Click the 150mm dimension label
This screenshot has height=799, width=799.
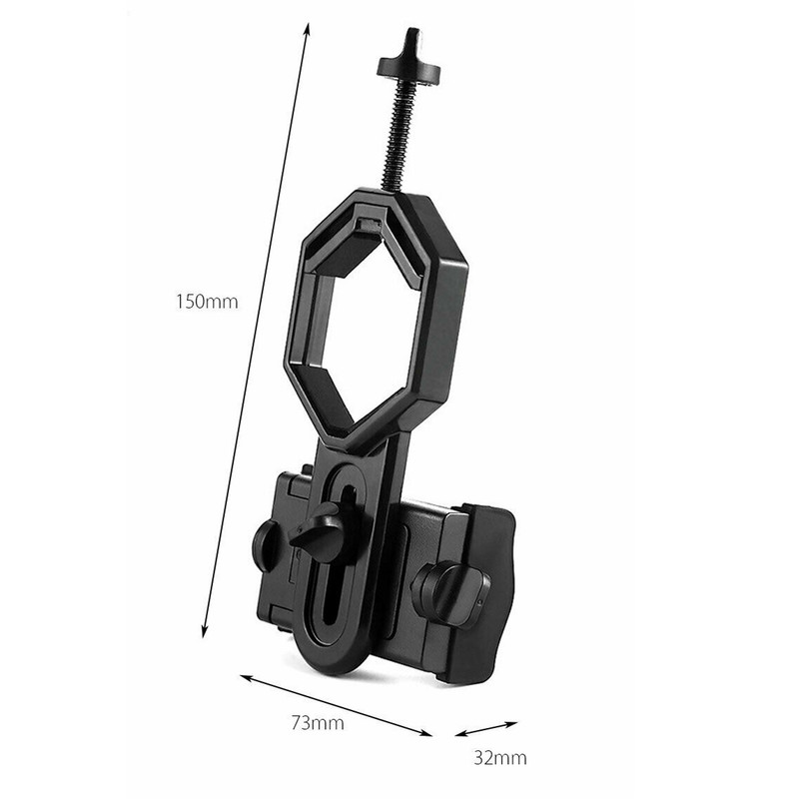pos(207,302)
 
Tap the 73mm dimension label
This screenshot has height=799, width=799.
pos(318,722)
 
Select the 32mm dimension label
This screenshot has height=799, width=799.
pos(500,757)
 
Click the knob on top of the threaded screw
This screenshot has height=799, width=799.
pos(408,60)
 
